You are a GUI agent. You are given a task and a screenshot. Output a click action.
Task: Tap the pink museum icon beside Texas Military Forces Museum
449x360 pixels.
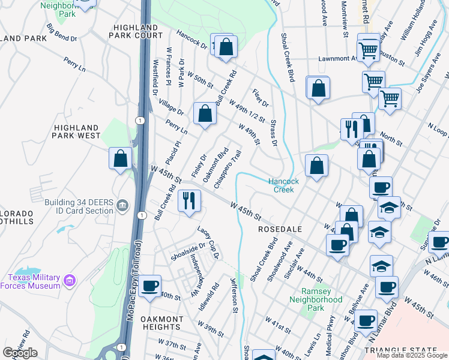click(70, 280)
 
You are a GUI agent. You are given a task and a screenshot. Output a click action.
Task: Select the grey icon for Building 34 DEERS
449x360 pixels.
click(123, 206)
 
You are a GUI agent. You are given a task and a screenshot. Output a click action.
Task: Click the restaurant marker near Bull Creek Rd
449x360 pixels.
click(190, 200)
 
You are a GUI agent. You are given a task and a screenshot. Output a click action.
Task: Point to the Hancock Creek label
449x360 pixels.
click(283, 185)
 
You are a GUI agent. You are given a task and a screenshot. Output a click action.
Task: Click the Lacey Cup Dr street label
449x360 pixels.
click(208, 242)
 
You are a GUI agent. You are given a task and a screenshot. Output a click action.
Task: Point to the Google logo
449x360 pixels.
click(20, 353)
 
